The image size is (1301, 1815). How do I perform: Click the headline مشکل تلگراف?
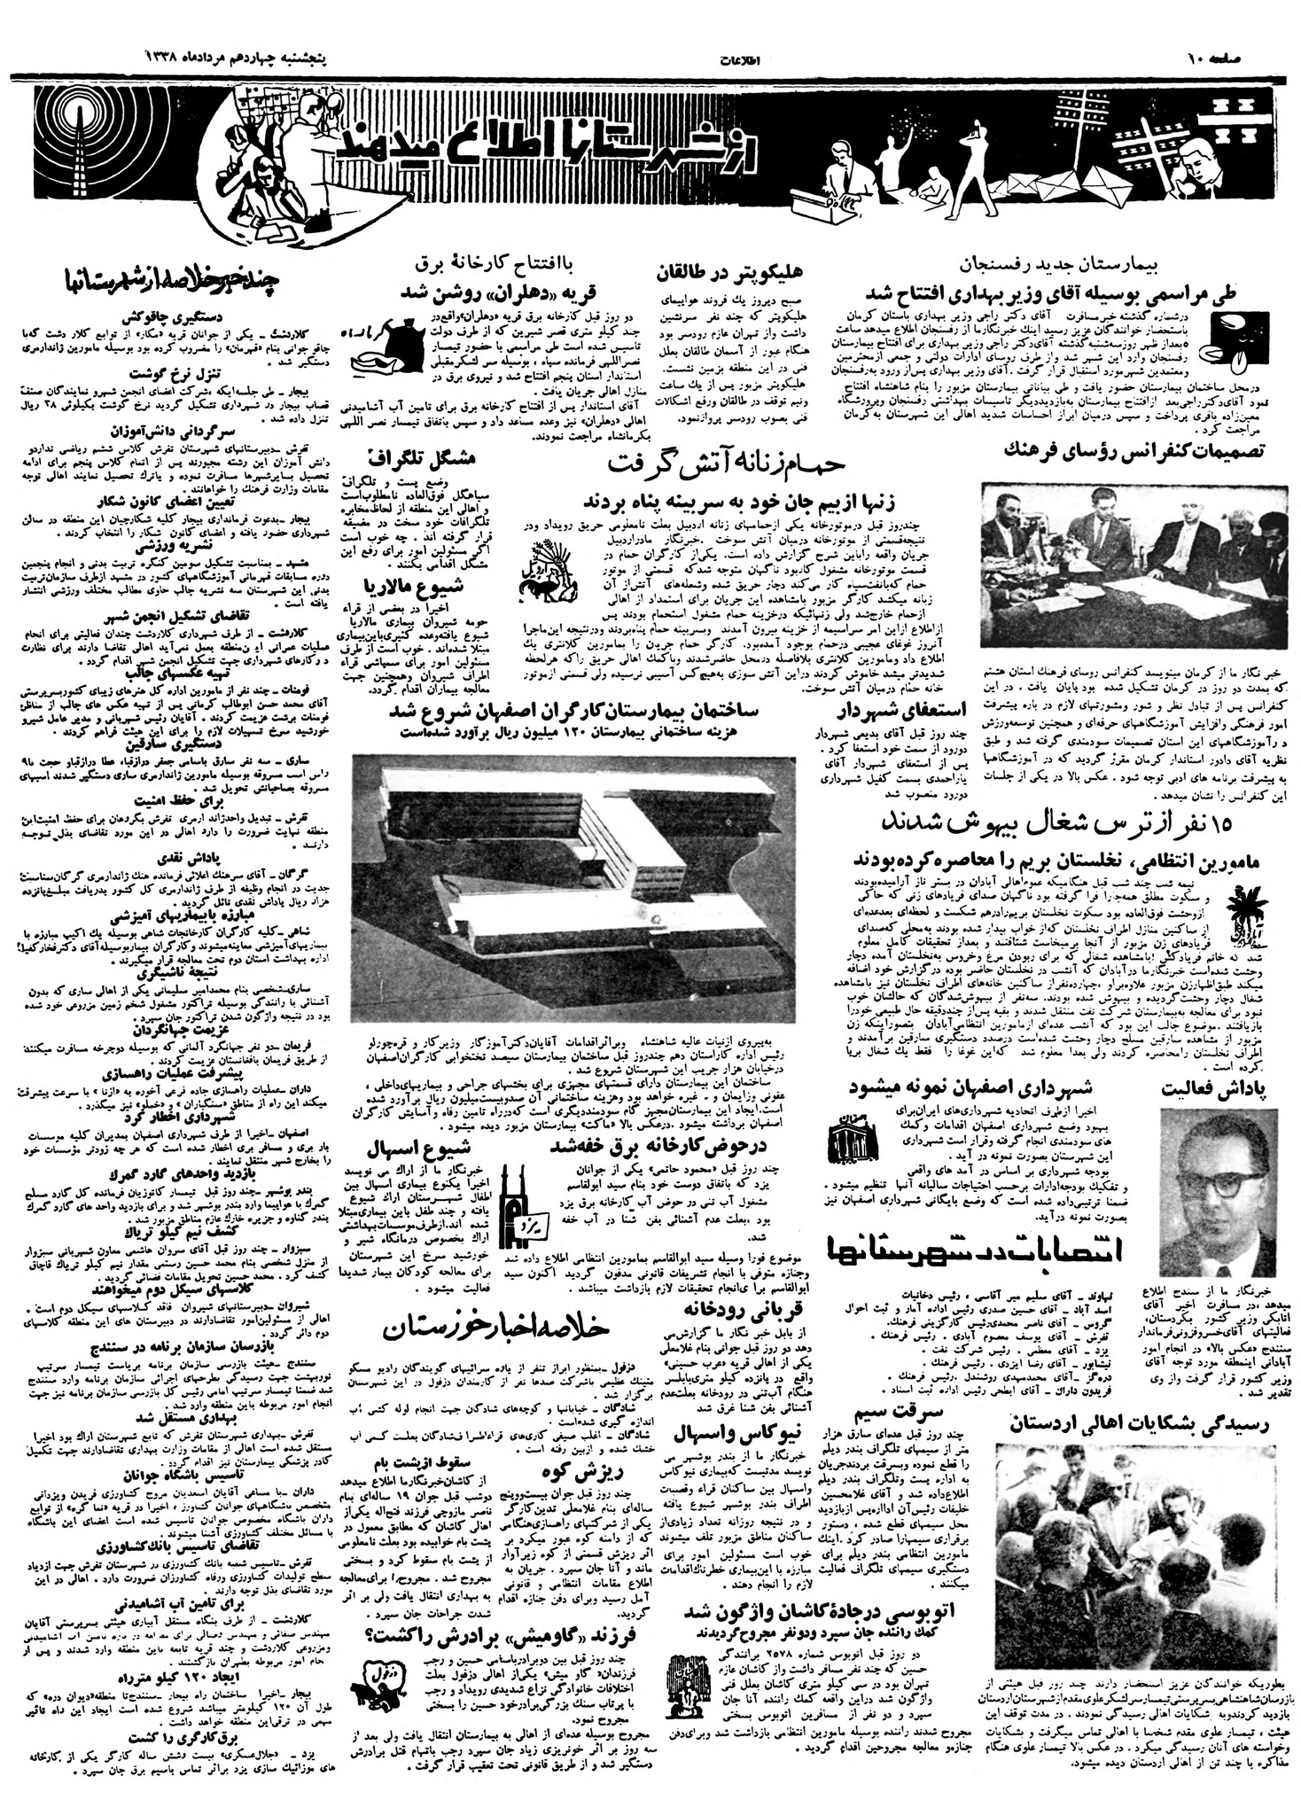(419, 459)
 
